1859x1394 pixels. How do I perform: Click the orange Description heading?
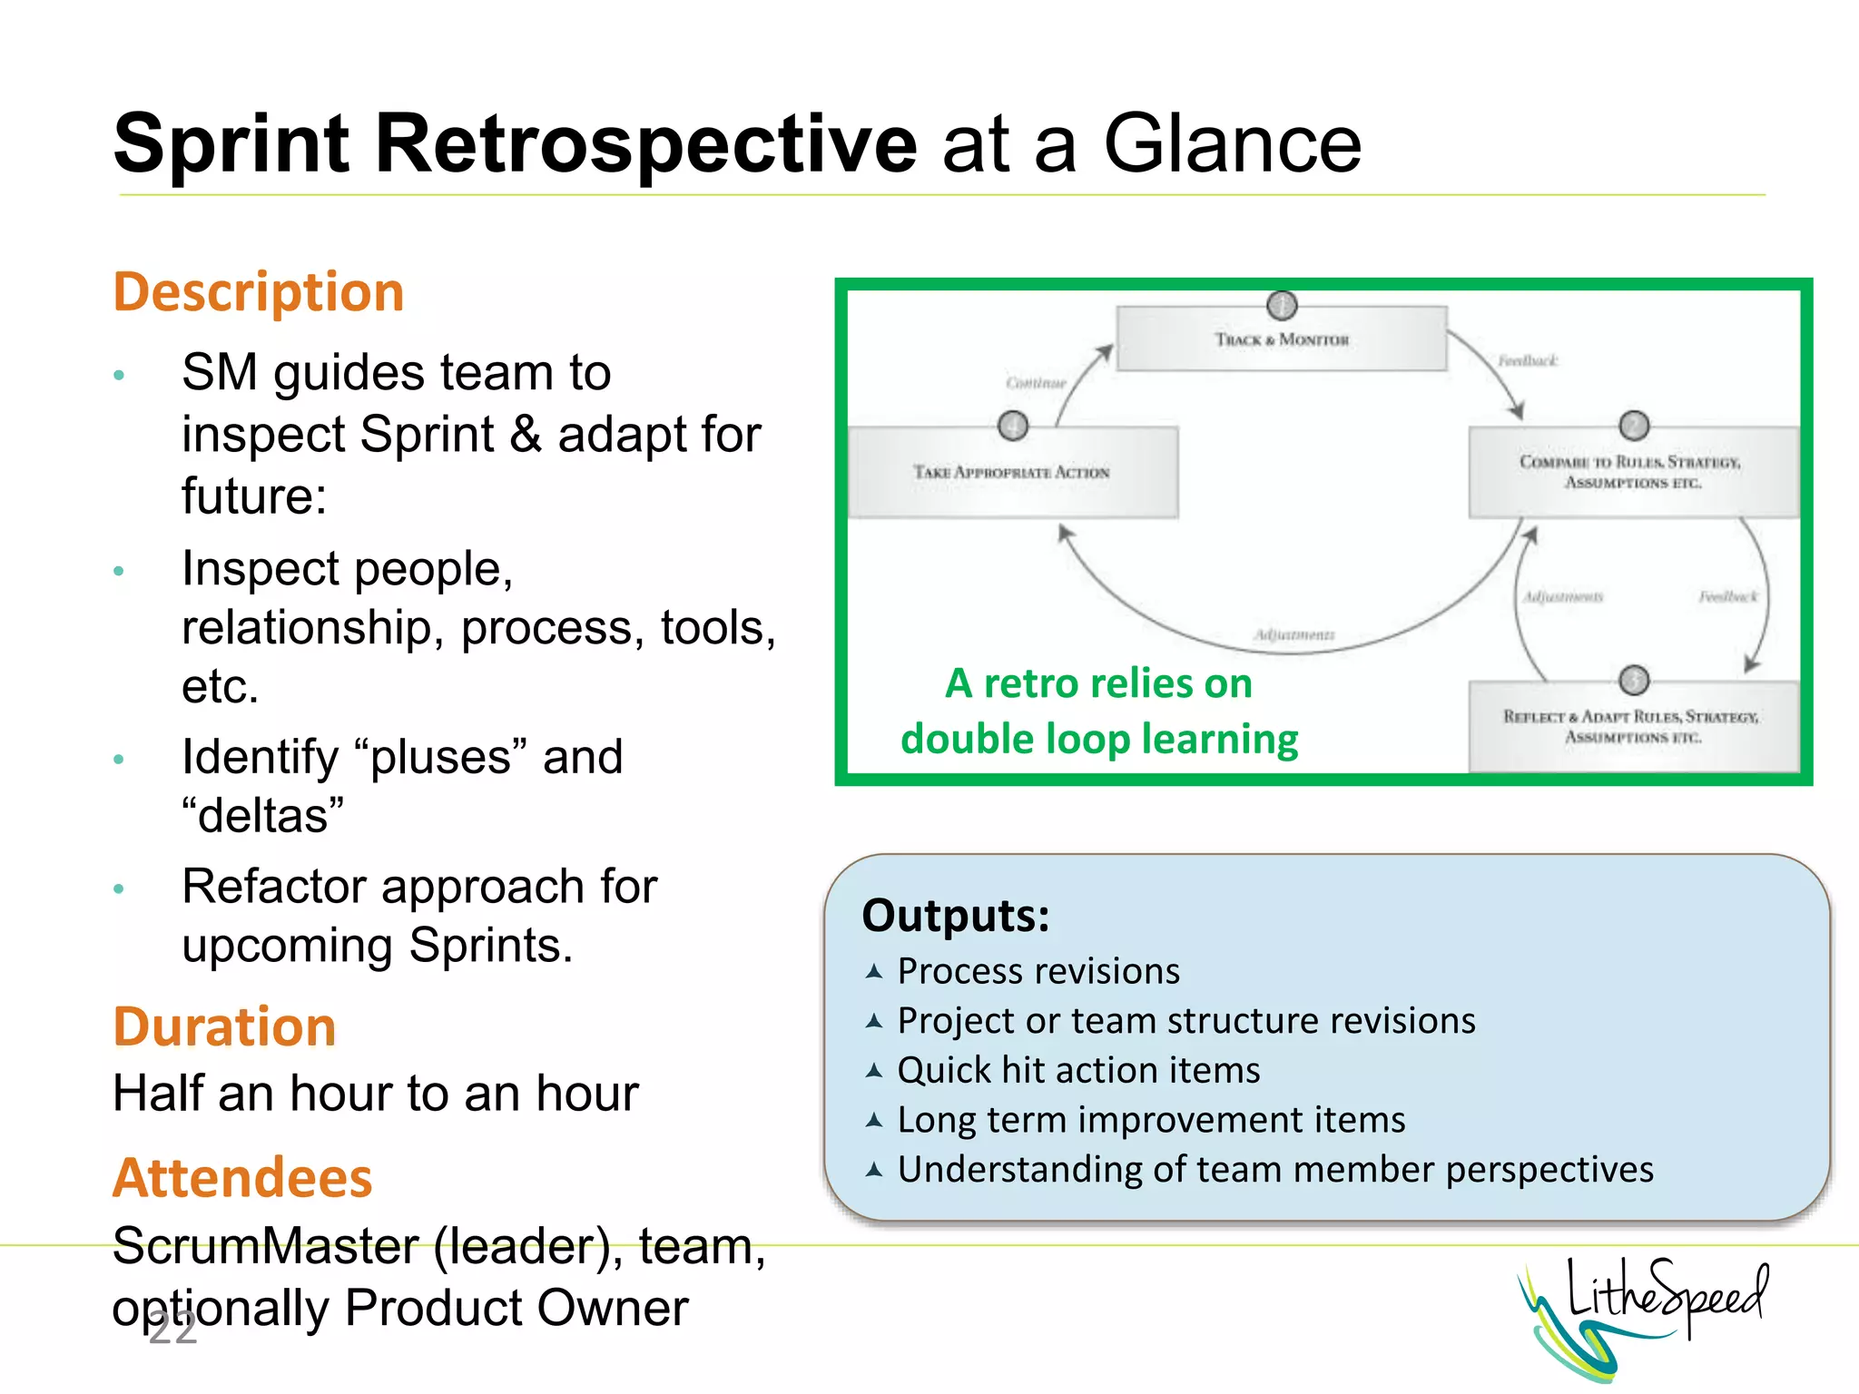point(259,292)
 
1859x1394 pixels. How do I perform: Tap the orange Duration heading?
point(224,1026)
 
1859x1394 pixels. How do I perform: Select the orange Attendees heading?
point(242,1178)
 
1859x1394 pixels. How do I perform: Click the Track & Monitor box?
point(1281,339)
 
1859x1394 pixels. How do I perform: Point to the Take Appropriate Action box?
point(1012,472)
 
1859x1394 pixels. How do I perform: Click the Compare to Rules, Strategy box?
point(1631,472)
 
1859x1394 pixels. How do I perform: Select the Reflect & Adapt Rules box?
point(1631,726)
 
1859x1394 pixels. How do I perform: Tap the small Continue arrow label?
point(1036,383)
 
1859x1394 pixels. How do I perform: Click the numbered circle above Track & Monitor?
point(1282,306)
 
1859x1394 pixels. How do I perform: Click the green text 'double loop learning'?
point(1099,739)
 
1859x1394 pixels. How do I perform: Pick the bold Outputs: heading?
point(956,915)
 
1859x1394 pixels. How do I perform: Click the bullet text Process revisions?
point(1038,972)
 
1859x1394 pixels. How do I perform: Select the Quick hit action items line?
point(1078,1071)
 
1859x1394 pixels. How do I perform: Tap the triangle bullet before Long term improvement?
point(874,1120)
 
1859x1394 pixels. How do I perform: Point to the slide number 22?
point(172,1330)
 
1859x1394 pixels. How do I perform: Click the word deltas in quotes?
point(263,816)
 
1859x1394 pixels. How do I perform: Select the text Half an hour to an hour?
point(376,1093)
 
